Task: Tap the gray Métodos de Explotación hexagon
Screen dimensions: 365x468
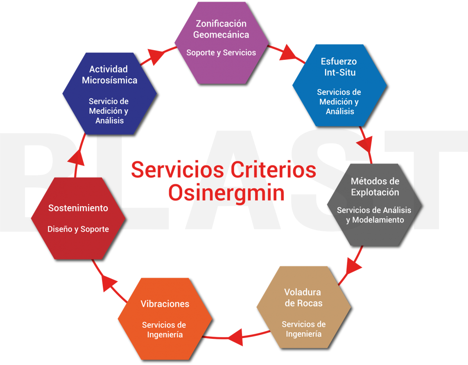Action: tap(374, 203)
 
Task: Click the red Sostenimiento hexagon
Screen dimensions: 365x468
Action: tap(78, 218)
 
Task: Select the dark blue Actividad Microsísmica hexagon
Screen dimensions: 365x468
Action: tap(109, 93)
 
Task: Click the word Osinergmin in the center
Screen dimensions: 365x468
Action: tap(226, 193)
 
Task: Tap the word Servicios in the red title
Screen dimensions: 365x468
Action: tap(177, 170)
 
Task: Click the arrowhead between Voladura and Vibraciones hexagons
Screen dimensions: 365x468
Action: tap(236, 338)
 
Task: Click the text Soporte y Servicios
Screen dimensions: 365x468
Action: tap(221, 53)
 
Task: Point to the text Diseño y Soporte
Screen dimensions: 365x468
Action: tap(78, 229)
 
